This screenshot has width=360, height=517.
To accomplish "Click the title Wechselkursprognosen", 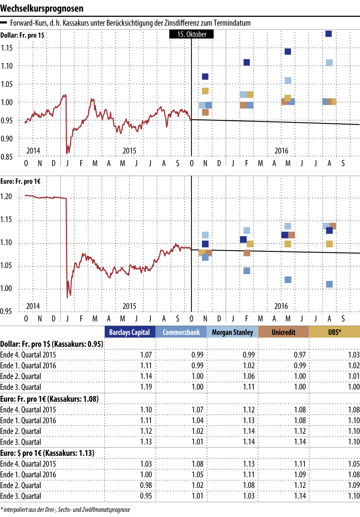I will point(42,8).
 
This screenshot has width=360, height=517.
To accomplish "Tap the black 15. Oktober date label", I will point(192,34).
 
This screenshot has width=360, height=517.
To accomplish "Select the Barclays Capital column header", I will point(130,332).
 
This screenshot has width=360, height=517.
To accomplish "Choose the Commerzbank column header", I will point(181,332).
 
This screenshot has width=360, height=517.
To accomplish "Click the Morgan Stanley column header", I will point(232,332).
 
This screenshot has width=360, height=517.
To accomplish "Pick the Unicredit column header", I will point(283,332).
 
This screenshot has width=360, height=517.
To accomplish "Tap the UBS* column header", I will point(334,332).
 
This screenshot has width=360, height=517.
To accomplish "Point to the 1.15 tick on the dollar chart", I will point(6,48).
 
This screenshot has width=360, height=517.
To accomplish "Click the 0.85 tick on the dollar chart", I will point(6,157).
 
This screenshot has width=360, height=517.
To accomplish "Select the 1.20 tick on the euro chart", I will point(6,197).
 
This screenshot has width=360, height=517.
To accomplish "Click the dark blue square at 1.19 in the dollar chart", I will point(328,34).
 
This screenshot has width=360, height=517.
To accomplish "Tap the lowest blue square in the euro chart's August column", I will point(329,284).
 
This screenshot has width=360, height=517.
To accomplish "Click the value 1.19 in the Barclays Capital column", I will point(146,387).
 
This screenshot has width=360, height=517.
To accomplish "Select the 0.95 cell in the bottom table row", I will point(146,496).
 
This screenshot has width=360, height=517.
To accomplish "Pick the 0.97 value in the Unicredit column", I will point(300,355).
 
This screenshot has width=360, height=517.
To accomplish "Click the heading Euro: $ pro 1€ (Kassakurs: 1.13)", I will point(47,453).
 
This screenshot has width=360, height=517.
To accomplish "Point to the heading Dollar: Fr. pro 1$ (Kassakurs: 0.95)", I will point(52,344).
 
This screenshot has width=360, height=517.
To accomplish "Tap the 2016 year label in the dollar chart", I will point(282,151).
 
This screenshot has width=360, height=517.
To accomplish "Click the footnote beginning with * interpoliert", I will point(65,509).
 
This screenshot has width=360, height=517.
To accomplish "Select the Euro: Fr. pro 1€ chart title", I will point(21,181).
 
